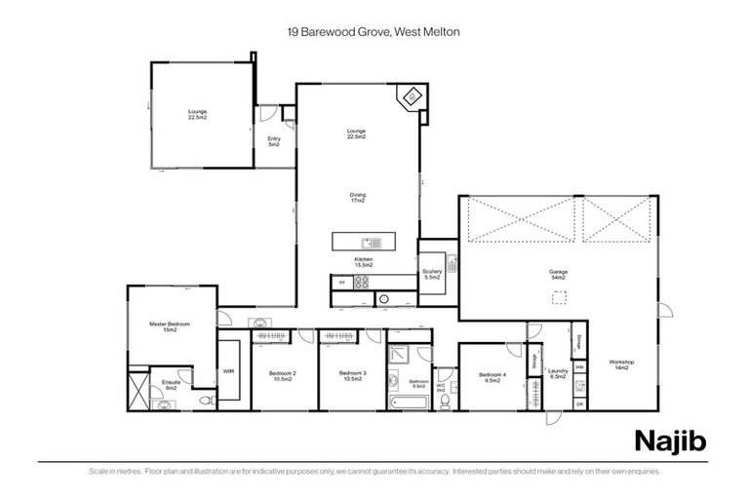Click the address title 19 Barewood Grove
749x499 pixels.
click(374, 32)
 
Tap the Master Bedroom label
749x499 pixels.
click(170, 326)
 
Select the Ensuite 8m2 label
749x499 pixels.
click(170, 385)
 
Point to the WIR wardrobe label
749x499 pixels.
click(228, 371)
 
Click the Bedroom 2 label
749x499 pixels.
click(282, 376)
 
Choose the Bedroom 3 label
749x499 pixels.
click(352, 376)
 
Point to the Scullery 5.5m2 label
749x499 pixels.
click(432, 274)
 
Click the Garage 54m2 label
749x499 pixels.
click(559, 274)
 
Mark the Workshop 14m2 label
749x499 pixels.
click(621, 366)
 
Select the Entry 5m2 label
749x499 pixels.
click(274, 142)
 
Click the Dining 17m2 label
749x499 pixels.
click(358, 198)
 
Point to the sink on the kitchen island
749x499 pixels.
click(371, 241)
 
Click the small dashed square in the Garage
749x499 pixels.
click(560, 304)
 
